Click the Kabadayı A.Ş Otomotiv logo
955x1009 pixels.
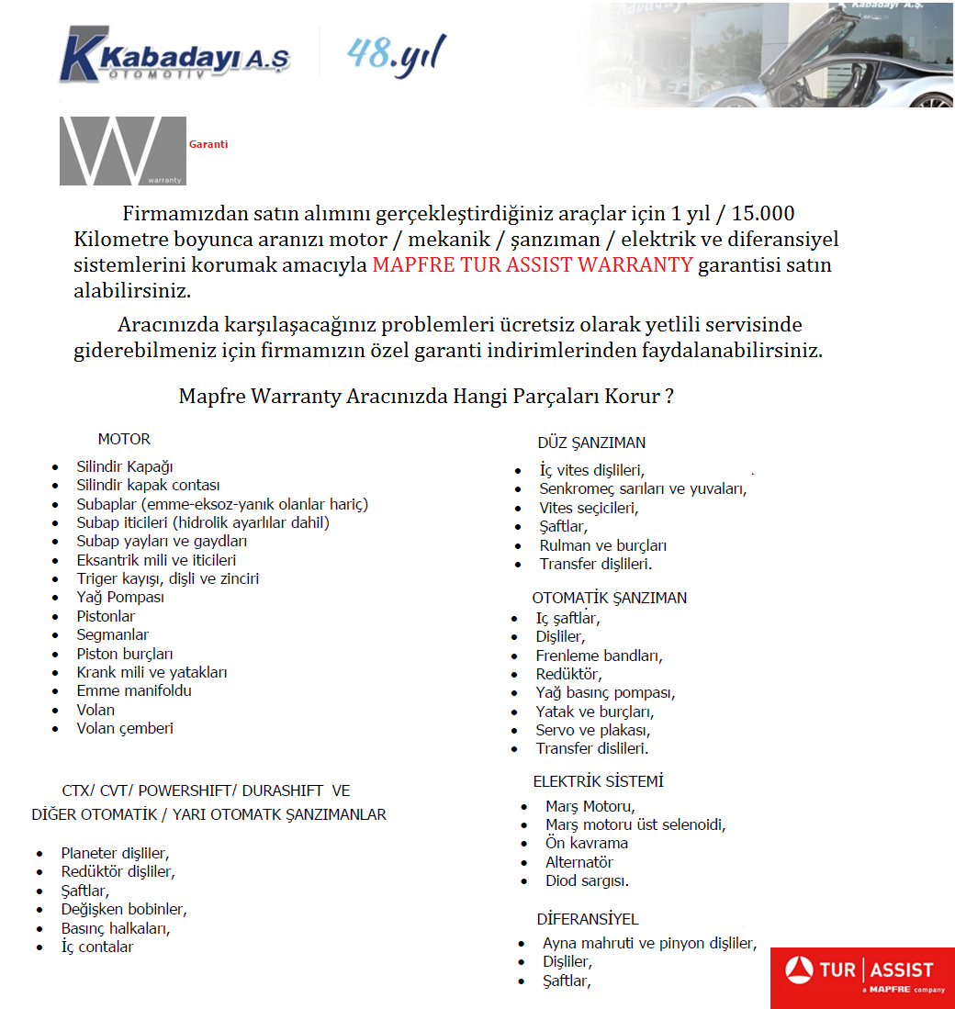[x=174, y=55]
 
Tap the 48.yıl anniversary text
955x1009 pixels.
[x=397, y=54]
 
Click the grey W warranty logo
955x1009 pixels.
[x=123, y=151]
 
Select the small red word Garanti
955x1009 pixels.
[x=208, y=144]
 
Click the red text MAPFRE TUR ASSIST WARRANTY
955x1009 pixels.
[x=533, y=266]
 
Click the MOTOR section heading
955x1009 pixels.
[x=124, y=439]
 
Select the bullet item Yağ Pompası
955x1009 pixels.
[x=120, y=598]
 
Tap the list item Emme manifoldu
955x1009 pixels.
[x=134, y=691]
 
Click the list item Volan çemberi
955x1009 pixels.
[x=125, y=729]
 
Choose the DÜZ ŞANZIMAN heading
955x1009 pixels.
[x=591, y=443]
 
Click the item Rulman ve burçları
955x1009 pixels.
[x=603, y=545]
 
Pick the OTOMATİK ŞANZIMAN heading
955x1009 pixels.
[x=610, y=598]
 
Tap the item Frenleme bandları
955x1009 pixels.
[x=599, y=656]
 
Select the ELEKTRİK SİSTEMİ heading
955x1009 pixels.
[x=599, y=781]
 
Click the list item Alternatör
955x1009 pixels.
[x=579, y=862]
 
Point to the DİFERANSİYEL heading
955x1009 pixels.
[x=588, y=919]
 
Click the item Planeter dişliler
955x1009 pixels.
[x=115, y=853]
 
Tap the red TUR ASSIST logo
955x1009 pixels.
[x=861, y=976]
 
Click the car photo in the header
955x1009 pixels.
[x=771, y=55]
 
